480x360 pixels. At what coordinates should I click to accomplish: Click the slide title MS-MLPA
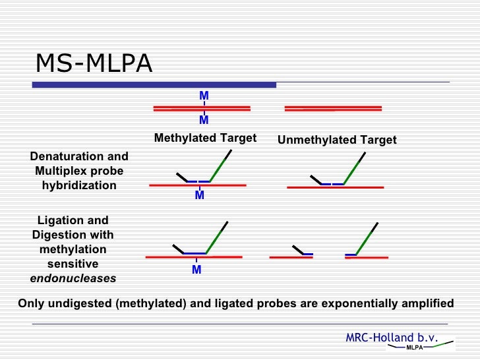(x=94, y=64)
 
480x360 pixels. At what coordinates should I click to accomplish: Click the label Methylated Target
(x=205, y=138)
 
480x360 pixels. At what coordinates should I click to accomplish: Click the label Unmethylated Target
(x=337, y=140)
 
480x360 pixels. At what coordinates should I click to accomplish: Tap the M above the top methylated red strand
(x=204, y=96)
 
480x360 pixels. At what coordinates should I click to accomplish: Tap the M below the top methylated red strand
(x=204, y=120)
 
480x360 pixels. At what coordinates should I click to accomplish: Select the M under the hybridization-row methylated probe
(x=199, y=196)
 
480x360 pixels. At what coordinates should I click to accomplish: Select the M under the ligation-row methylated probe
(x=196, y=270)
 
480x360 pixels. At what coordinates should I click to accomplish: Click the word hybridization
(x=79, y=185)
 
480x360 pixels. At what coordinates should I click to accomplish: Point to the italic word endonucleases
(x=73, y=278)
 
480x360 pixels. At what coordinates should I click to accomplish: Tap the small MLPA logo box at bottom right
(x=414, y=347)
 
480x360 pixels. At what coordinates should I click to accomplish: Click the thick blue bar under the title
(x=154, y=84)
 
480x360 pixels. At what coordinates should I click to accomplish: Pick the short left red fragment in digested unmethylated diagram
(x=291, y=257)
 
